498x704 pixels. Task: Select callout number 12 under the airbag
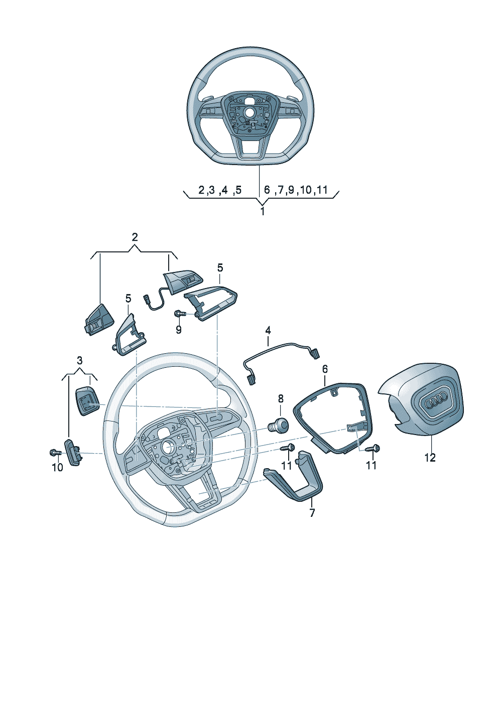pyautogui.click(x=430, y=458)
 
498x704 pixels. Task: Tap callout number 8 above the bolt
pyautogui.click(x=281, y=399)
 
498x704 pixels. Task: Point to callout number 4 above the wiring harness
pyautogui.click(x=268, y=331)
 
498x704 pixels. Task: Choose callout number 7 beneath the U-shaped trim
pyautogui.click(x=312, y=513)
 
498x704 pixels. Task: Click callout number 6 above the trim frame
pyautogui.click(x=325, y=369)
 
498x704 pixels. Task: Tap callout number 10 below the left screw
pyautogui.click(x=58, y=468)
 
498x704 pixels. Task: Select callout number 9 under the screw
pyautogui.click(x=179, y=331)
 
